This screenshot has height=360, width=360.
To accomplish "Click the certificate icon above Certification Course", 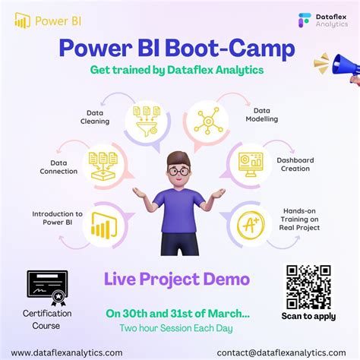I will coord(47,288).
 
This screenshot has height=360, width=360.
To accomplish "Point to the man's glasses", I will coord(179,171).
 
